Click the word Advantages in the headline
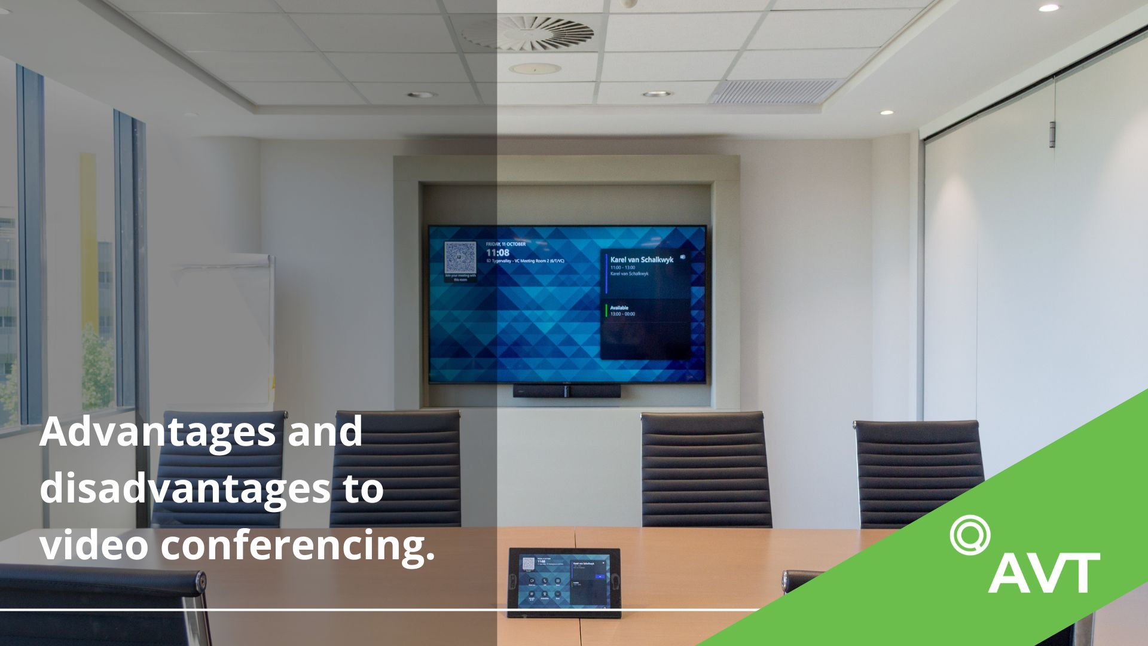tap(158, 432)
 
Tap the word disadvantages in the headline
tap(185, 488)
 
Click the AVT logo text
tap(1043, 572)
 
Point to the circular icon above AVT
tap(969, 534)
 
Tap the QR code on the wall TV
tap(460, 257)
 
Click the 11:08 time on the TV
tap(497, 253)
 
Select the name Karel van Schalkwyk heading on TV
tap(642, 260)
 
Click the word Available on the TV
tap(619, 307)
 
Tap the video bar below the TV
tap(566, 391)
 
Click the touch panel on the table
tap(564, 581)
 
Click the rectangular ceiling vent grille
tap(776, 91)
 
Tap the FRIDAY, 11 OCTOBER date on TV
tap(506, 244)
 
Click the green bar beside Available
tap(606, 310)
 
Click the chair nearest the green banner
tap(918, 473)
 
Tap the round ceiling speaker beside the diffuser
tap(535, 68)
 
